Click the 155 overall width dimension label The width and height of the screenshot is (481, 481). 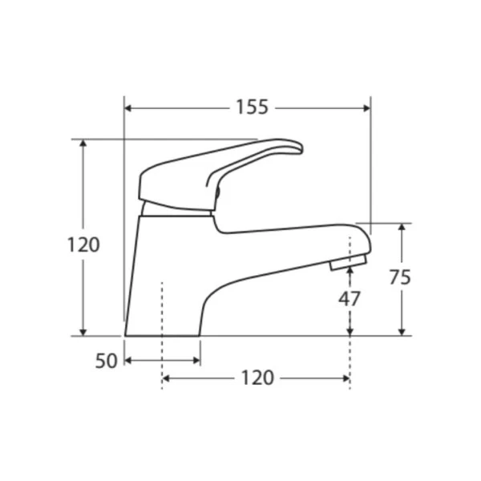(x=252, y=107)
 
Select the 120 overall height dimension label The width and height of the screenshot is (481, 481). (x=83, y=245)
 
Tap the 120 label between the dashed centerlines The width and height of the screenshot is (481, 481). (x=257, y=378)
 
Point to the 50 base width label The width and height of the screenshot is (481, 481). (x=106, y=361)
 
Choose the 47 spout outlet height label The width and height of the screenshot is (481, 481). (x=350, y=298)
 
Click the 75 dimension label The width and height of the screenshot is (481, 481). (x=400, y=277)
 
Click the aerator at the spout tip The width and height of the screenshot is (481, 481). (x=349, y=263)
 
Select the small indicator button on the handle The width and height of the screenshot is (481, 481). (x=217, y=192)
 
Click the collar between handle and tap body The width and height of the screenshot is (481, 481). (x=176, y=210)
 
